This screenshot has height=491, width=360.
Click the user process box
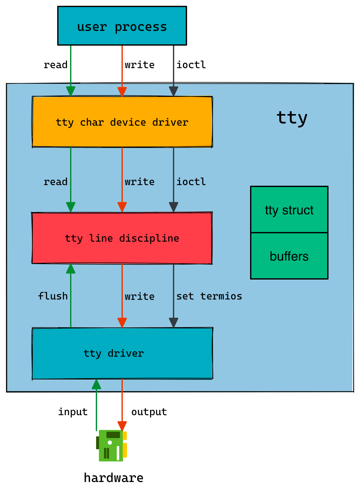point(122,26)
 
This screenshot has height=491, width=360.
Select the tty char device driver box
point(122,122)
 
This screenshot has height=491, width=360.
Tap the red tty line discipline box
point(122,238)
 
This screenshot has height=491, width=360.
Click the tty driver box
point(122,353)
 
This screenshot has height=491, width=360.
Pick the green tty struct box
point(289,210)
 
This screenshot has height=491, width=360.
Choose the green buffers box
point(289,256)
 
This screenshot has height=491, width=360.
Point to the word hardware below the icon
point(113,478)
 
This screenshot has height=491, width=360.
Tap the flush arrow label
point(53,296)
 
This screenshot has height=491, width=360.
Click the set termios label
point(209,296)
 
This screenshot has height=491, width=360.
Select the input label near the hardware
point(73,412)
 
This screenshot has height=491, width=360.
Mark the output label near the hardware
point(149,412)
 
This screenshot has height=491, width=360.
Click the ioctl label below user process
point(191,65)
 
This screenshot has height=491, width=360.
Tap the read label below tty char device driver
point(56,182)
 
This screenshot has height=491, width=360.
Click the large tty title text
point(292,118)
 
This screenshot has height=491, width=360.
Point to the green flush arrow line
point(71,299)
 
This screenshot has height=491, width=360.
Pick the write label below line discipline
point(139,296)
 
